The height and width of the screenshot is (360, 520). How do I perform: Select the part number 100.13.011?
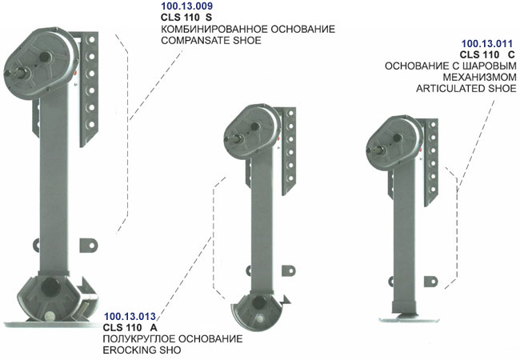coord(487,44)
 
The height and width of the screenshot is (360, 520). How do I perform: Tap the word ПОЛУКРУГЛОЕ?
coord(138,339)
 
